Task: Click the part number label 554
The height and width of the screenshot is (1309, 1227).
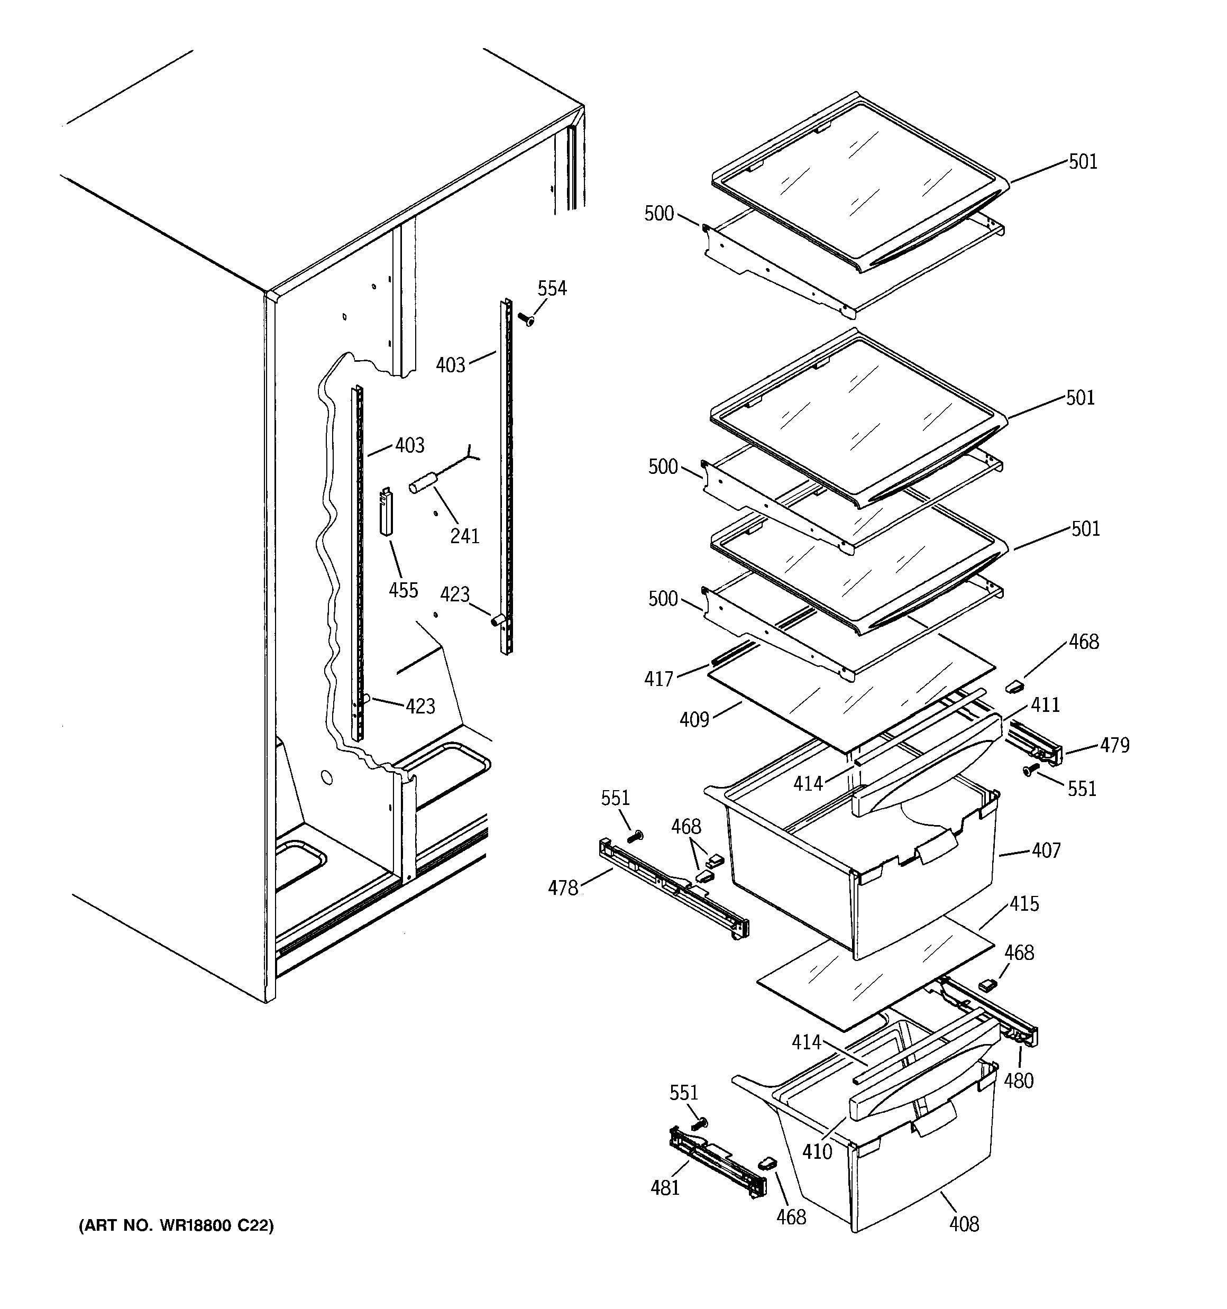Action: (x=552, y=288)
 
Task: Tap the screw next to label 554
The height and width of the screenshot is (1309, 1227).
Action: (x=526, y=320)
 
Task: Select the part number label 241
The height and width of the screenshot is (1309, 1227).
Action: (x=464, y=536)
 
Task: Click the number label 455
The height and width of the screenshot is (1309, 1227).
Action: (x=403, y=589)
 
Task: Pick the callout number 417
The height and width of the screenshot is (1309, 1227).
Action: (x=658, y=679)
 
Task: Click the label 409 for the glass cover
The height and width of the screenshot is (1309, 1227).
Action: (x=694, y=720)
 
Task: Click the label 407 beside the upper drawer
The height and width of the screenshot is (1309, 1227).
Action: (x=1046, y=851)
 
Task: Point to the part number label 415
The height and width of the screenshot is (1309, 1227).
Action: (x=1024, y=903)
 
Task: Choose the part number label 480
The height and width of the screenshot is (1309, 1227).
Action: (x=1018, y=1081)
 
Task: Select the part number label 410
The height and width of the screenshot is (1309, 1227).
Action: (x=817, y=1151)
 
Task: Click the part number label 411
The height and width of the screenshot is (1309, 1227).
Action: (x=1045, y=705)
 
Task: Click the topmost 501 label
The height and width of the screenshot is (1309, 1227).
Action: (x=1083, y=162)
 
